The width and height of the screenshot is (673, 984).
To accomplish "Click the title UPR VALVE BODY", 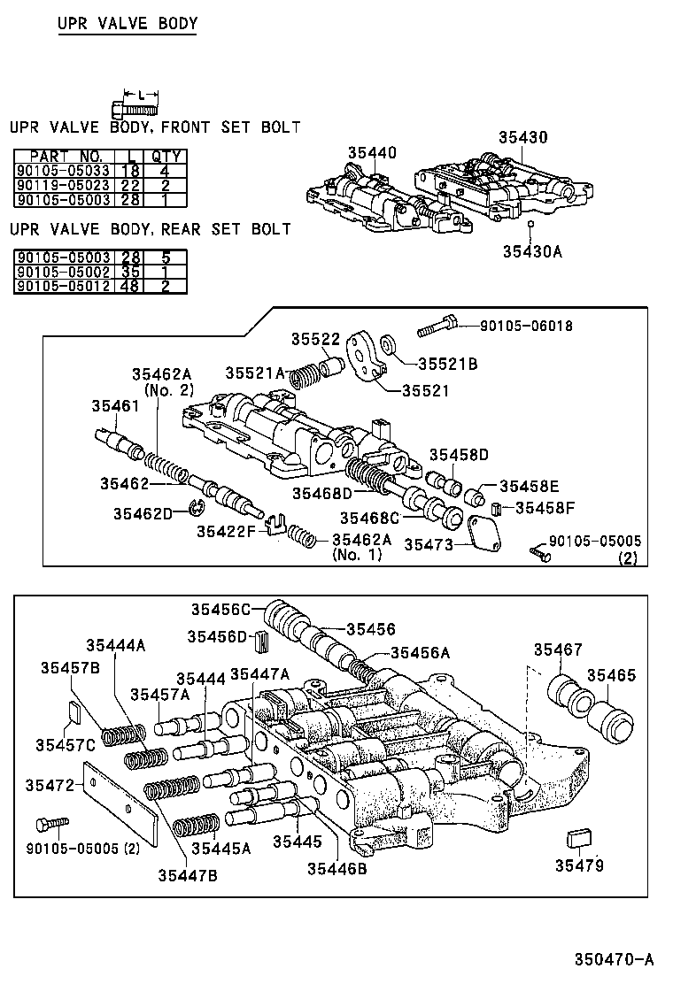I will click(x=127, y=24).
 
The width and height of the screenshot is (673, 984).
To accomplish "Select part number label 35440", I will click(x=371, y=153).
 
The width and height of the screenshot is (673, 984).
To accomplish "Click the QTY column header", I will click(x=166, y=157).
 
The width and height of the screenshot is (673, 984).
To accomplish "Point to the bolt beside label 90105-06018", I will click(x=437, y=327).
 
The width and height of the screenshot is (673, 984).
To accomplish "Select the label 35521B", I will click(x=447, y=363).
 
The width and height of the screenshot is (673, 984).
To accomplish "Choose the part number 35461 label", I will click(x=115, y=406).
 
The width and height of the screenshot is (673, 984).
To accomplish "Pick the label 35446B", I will click(x=337, y=868).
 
